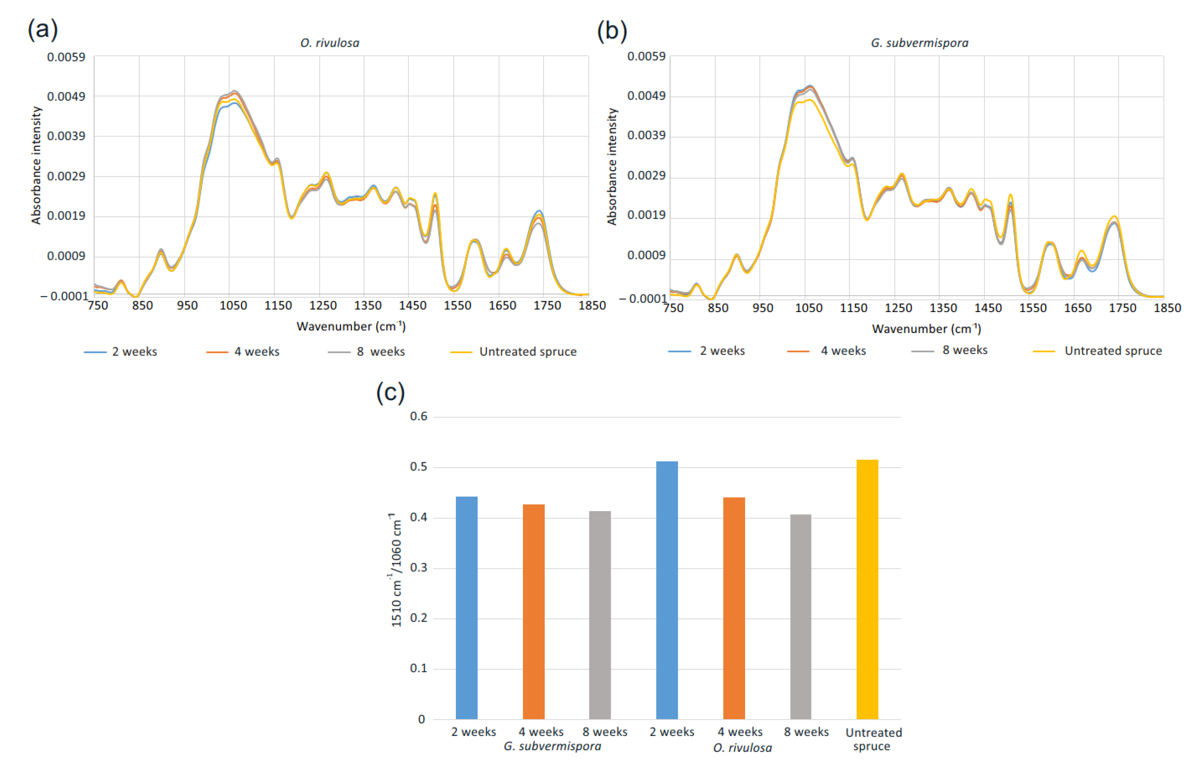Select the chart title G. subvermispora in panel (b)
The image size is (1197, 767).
click(919, 43)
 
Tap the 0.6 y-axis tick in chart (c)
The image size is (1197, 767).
click(419, 416)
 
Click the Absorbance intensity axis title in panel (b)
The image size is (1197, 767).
click(612, 166)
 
